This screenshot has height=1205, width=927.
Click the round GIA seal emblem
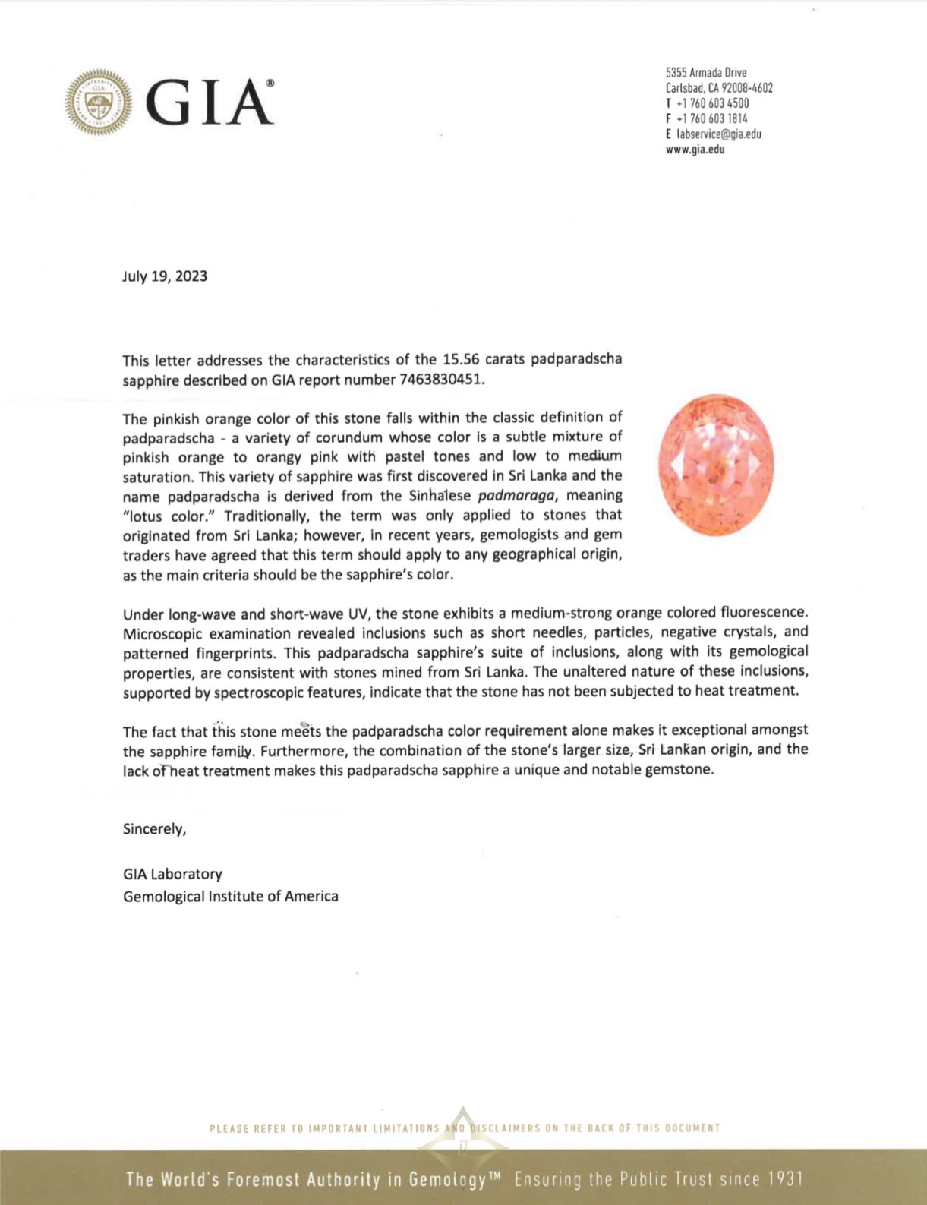99,103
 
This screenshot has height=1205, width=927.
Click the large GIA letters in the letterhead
208,103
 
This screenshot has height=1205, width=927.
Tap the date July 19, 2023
165,276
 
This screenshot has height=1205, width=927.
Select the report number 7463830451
441,379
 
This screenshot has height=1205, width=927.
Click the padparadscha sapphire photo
716,465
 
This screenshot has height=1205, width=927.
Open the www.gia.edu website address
695,150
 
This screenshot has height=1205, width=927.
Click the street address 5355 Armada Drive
706,73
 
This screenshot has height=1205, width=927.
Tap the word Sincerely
154,829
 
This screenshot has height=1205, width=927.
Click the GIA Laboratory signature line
172,874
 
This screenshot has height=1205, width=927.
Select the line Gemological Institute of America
231,896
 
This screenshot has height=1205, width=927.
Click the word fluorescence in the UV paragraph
764,612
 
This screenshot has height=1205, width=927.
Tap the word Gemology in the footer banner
447,1179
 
